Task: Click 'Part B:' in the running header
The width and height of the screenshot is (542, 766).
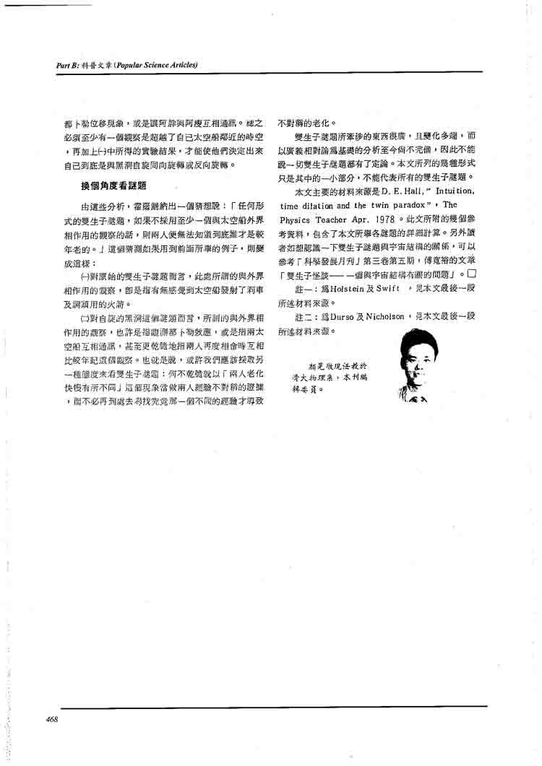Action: [x=68, y=66]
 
